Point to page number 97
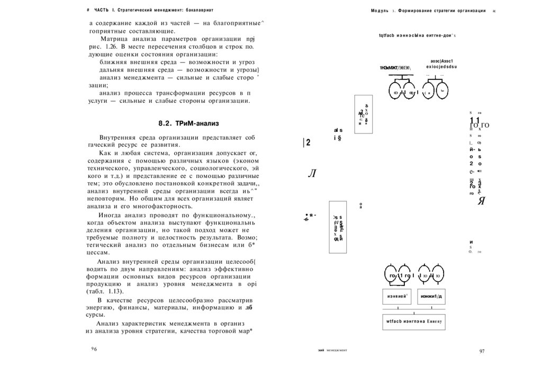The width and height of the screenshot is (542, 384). tap(482, 351)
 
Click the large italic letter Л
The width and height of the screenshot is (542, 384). tap(311, 174)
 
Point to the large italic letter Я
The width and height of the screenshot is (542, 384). tap(481, 201)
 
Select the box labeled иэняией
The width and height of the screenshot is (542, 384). tap(396, 296)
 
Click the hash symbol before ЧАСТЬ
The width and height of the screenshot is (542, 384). tap(87, 11)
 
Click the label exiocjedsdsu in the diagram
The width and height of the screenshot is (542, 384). tap(441, 67)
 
